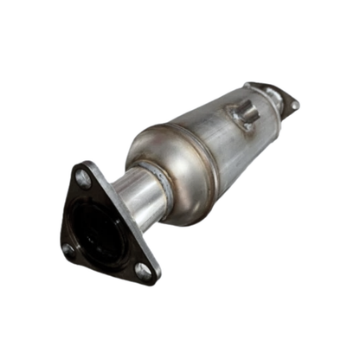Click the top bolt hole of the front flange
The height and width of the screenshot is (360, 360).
click(83, 179)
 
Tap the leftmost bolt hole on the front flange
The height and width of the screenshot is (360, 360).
click(68, 248)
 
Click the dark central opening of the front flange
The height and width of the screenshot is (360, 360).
click(99, 231)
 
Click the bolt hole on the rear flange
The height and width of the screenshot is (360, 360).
click(294, 105)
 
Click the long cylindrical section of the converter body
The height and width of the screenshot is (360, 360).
click(225, 147)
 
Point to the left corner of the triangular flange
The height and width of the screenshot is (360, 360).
click(63, 254)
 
